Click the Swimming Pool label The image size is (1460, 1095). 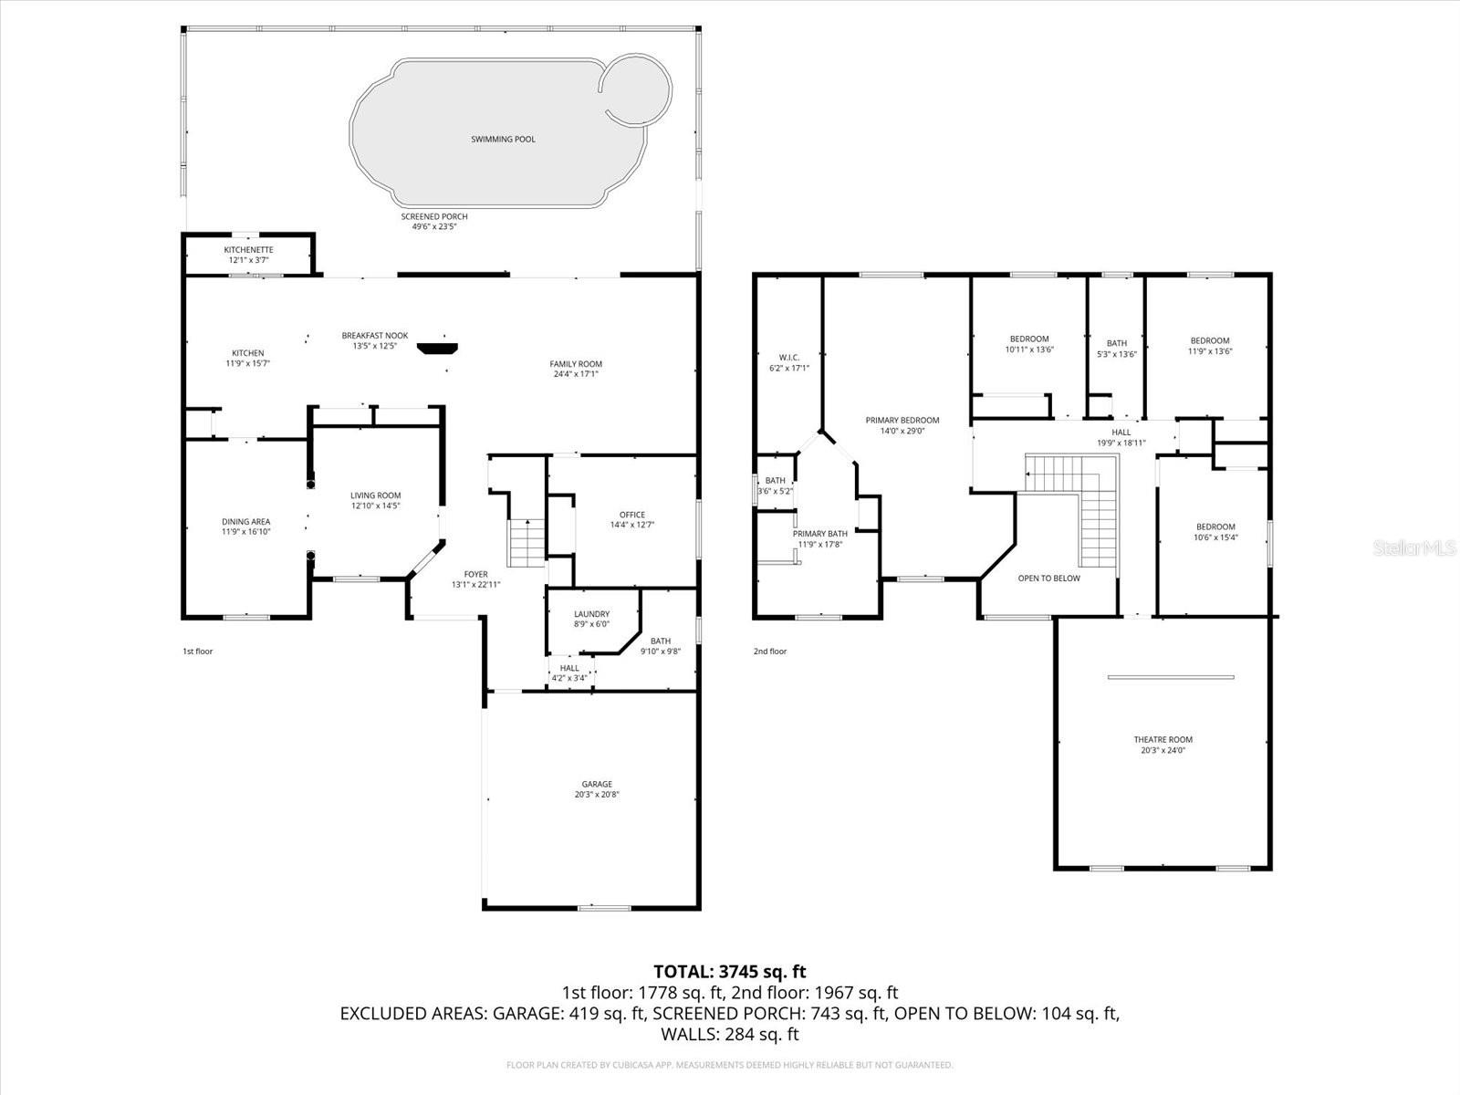point(503,140)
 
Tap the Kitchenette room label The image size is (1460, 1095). point(248,250)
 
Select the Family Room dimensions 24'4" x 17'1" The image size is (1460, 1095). point(575,374)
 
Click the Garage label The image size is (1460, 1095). point(597,784)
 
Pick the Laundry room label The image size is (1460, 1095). point(591,614)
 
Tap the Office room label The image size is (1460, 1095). point(631,515)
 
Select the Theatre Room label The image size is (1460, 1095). point(1163,740)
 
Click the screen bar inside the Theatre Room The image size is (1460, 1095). point(1171,677)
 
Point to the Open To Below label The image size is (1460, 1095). point(1048,579)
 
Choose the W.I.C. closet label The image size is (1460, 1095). point(788,357)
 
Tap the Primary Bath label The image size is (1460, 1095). point(819,534)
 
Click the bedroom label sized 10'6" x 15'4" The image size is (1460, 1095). point(1215,527)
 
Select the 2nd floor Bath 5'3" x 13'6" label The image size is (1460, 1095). point(1116,344)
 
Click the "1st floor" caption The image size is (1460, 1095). point(197,652)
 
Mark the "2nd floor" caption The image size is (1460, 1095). point(769,652)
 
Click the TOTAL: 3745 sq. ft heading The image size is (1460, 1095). point(729,972)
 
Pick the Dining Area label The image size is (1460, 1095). point(245,522)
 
